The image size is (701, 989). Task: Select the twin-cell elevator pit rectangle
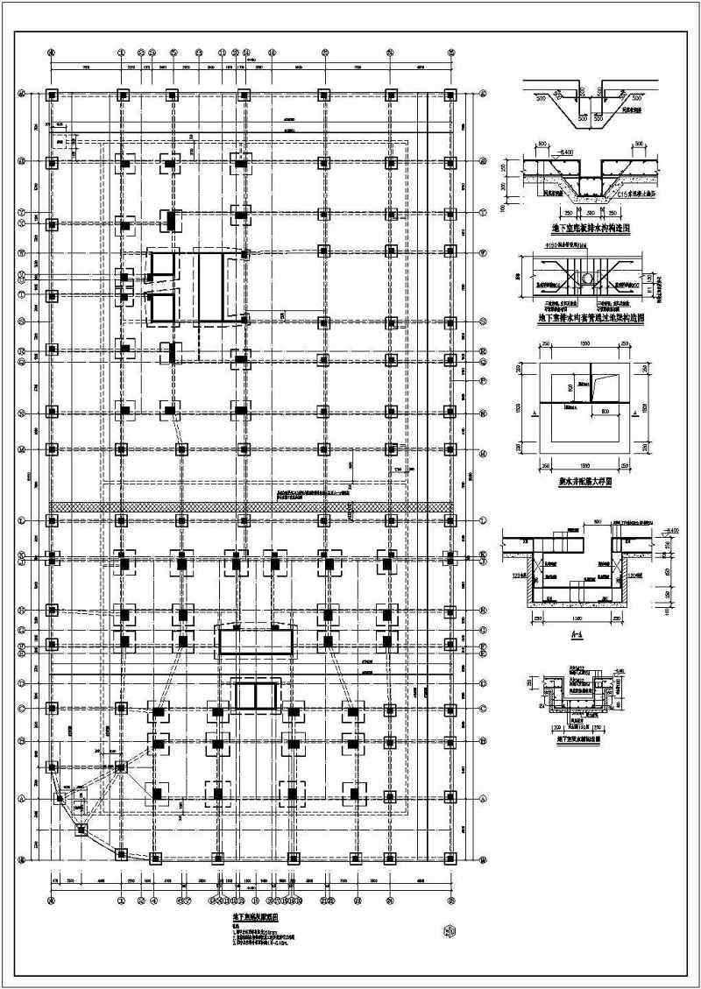coord(255,696)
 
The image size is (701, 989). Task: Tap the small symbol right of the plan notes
coord(450,931)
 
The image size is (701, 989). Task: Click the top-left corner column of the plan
coord(52,94)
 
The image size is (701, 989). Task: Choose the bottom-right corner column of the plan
coord(450,858)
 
